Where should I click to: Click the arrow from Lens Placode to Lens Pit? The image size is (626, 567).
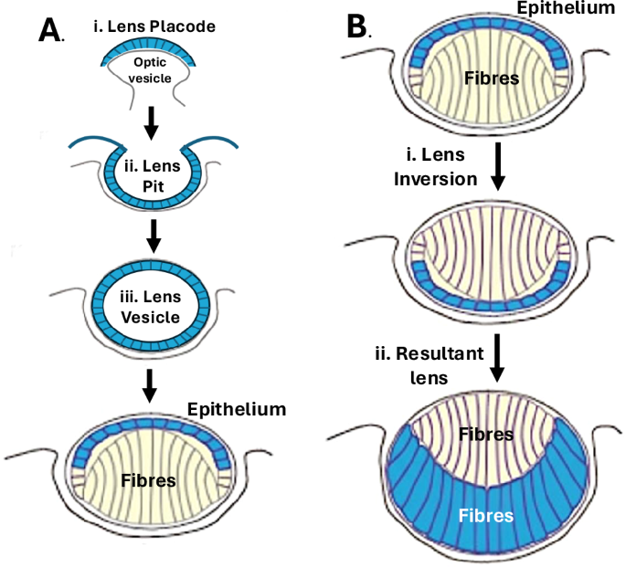point(154,121)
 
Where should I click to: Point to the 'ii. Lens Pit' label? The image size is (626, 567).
point(153,173)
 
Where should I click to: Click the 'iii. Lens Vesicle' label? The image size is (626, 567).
point(153,310)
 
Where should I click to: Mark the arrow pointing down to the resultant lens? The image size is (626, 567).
point(497,357)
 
